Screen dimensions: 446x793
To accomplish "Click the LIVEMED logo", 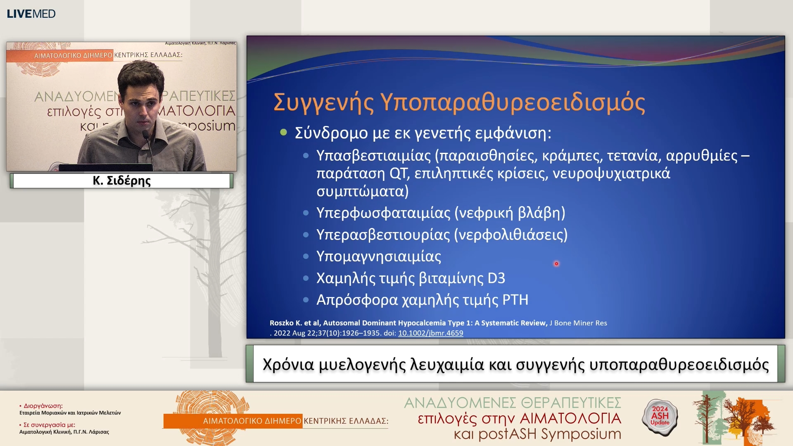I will pyautogui.click(x=31, y=14).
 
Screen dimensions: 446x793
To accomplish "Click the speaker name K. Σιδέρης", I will pyautogui.click(x=121, y=181).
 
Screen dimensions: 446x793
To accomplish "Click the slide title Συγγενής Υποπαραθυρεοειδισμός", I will pyautogui.click(x=459, y=102).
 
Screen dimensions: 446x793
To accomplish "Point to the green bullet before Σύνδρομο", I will pyautogui.click(x=283, y=133).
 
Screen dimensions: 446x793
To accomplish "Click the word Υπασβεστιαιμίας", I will pyautogui.click(x=373, y=156).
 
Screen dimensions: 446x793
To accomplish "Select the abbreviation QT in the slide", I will pyautogui.click(x=398, y=173).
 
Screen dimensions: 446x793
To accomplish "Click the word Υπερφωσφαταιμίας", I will pyautogui.click(x=383, y=213).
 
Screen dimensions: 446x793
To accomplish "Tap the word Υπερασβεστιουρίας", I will pyautogui.click(x=383, y=235).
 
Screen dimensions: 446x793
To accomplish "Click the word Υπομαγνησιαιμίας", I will pyautogui.click(x=378, y=256).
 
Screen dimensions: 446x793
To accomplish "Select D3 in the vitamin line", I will pyautogui.click(x=496, y=278).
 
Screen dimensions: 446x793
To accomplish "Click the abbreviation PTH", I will pyautogui.click(x=515, y=300).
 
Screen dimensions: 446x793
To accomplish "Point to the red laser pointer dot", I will pyautogui.click(x=556, y=263).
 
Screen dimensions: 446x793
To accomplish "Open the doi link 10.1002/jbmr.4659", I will pyautogui.click(x=430, y=333).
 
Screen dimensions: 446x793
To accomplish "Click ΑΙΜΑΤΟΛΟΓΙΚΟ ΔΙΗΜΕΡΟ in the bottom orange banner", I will pyautogui.click(x=252, y=421).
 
